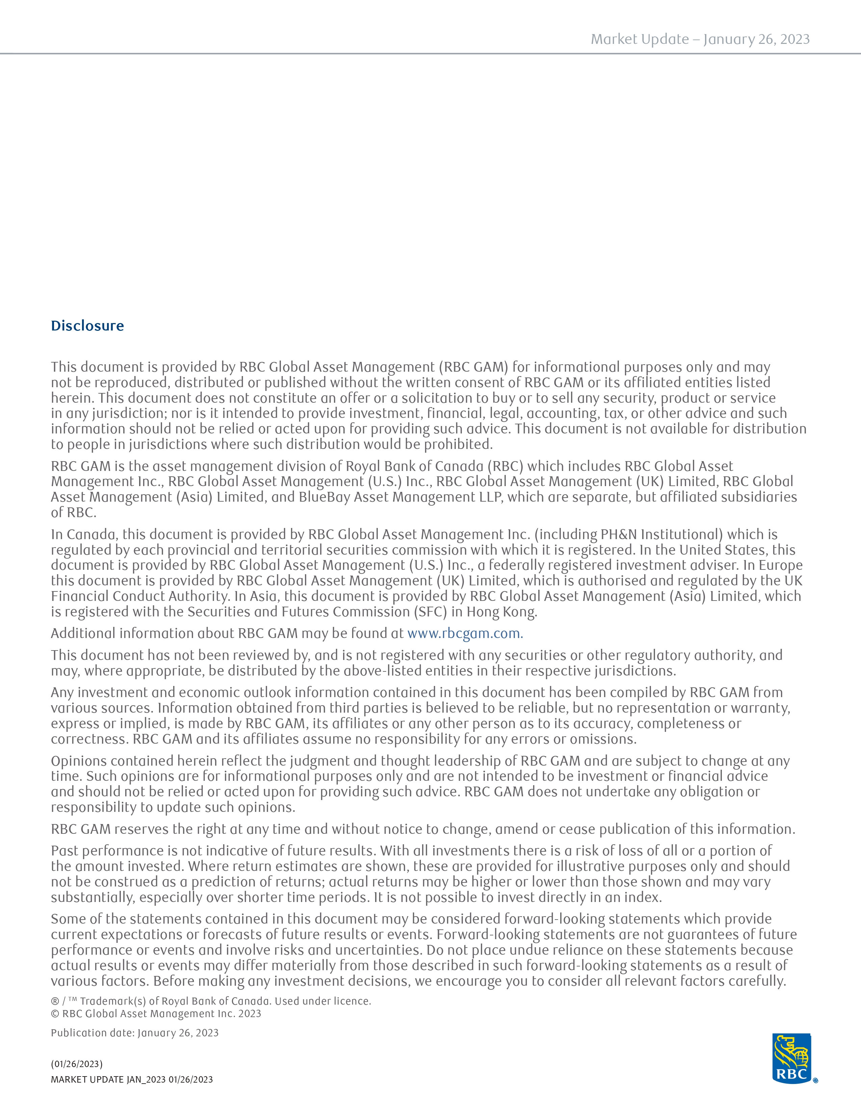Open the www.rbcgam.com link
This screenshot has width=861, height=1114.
(465, 634)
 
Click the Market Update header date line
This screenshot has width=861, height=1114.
(700, 39)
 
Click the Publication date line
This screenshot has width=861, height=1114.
(135, 1033)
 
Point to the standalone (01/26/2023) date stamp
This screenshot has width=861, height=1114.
(77, 1064)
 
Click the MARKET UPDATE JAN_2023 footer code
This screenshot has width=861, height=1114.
(132, 1079)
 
